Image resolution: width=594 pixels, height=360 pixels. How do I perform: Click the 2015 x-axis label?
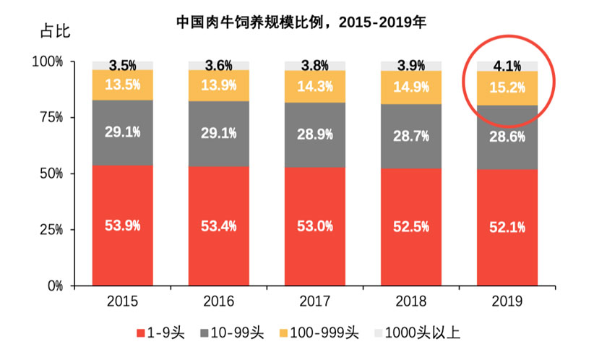pos(122,300)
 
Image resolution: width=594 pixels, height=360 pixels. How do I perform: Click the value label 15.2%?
pos(507,87)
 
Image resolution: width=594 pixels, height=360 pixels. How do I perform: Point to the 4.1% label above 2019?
pos(507,66)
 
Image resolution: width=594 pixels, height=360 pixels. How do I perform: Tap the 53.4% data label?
pos(218,226)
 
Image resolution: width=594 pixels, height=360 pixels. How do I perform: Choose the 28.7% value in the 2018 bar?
pos(411,135)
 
